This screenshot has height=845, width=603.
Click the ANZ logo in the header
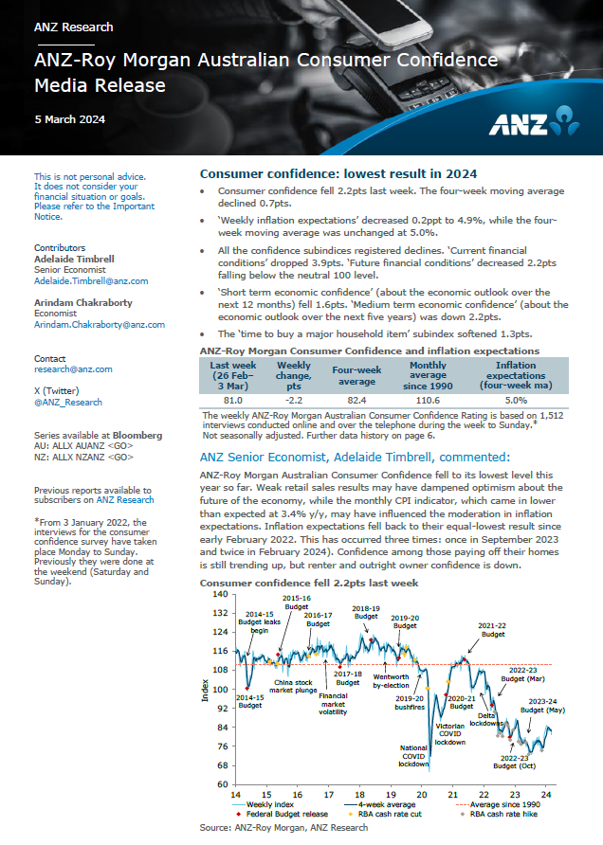(535, 122)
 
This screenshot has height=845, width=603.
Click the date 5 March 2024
(69, 119)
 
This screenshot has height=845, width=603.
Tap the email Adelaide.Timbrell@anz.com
(91, 281)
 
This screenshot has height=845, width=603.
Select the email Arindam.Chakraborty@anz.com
(100, 324)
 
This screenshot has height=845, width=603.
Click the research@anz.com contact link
(73, 369)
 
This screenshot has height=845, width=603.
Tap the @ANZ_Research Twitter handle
(67, 402)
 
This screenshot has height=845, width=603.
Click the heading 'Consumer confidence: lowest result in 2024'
(338, 174)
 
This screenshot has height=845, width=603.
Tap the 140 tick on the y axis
(221, 594)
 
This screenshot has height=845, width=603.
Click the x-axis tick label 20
(422, 794)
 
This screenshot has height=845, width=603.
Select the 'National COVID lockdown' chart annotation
(413, 755)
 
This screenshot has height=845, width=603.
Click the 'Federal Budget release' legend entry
(287, 814)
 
